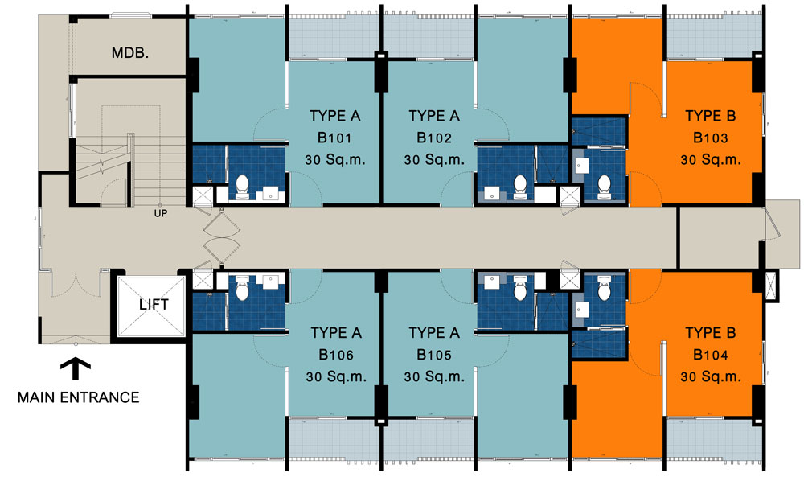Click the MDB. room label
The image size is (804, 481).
click(130, 53)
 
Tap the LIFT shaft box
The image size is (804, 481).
click(151, 306)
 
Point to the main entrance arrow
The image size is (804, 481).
click(76, 368)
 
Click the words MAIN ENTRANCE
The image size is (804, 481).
click(79, 397)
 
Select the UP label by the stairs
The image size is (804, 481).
click(161, 213)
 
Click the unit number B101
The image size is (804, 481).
click(334, 138)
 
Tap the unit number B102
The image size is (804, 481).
click(434, 138)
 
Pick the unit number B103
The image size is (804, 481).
click(710, 138)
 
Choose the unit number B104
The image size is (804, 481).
click(710, 355)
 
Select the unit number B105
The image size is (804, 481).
click(434, 355)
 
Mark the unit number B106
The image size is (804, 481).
click(336, 355)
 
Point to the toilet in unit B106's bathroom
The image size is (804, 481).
click(241, 288)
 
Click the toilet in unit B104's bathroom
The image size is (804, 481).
click(604, 288)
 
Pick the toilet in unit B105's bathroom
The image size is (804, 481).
click(520, 288)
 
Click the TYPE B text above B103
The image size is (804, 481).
click(710, 116)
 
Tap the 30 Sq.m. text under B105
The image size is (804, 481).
click(434, 377)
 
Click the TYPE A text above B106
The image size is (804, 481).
click(336, 333)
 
